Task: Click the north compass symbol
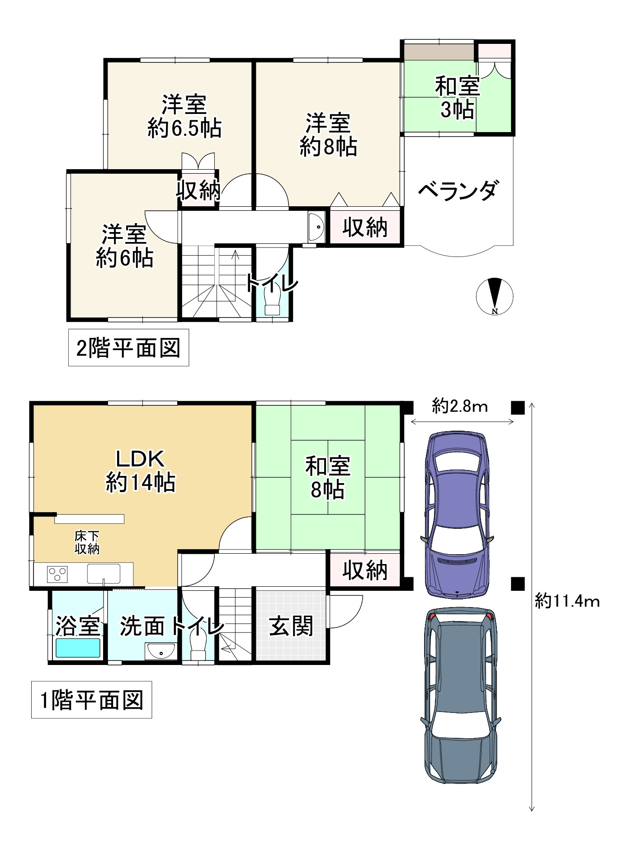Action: (x=495, y=296)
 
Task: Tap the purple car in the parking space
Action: (x=457, y=513)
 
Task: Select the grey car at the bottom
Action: (x=461, y=695)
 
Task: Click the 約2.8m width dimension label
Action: (x=460, y=406)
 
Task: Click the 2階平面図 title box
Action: (x=128, y=347)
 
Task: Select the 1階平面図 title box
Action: (x=91, y=699)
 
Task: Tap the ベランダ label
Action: (x=458, y=190)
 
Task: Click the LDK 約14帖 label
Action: (x=141, y=470)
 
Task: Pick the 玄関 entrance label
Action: (x=291, y=627)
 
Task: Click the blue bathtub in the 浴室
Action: (x=78, y=648)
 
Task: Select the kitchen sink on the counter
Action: (x=104, y=574)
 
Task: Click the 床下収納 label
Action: (x=87, y=542)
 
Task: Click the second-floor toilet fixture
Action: (x=272, y=302)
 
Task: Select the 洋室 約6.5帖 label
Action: (x=184, y=116)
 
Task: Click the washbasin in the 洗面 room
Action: (x=161, y=652)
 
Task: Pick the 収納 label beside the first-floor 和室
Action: (x=365, y=570)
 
